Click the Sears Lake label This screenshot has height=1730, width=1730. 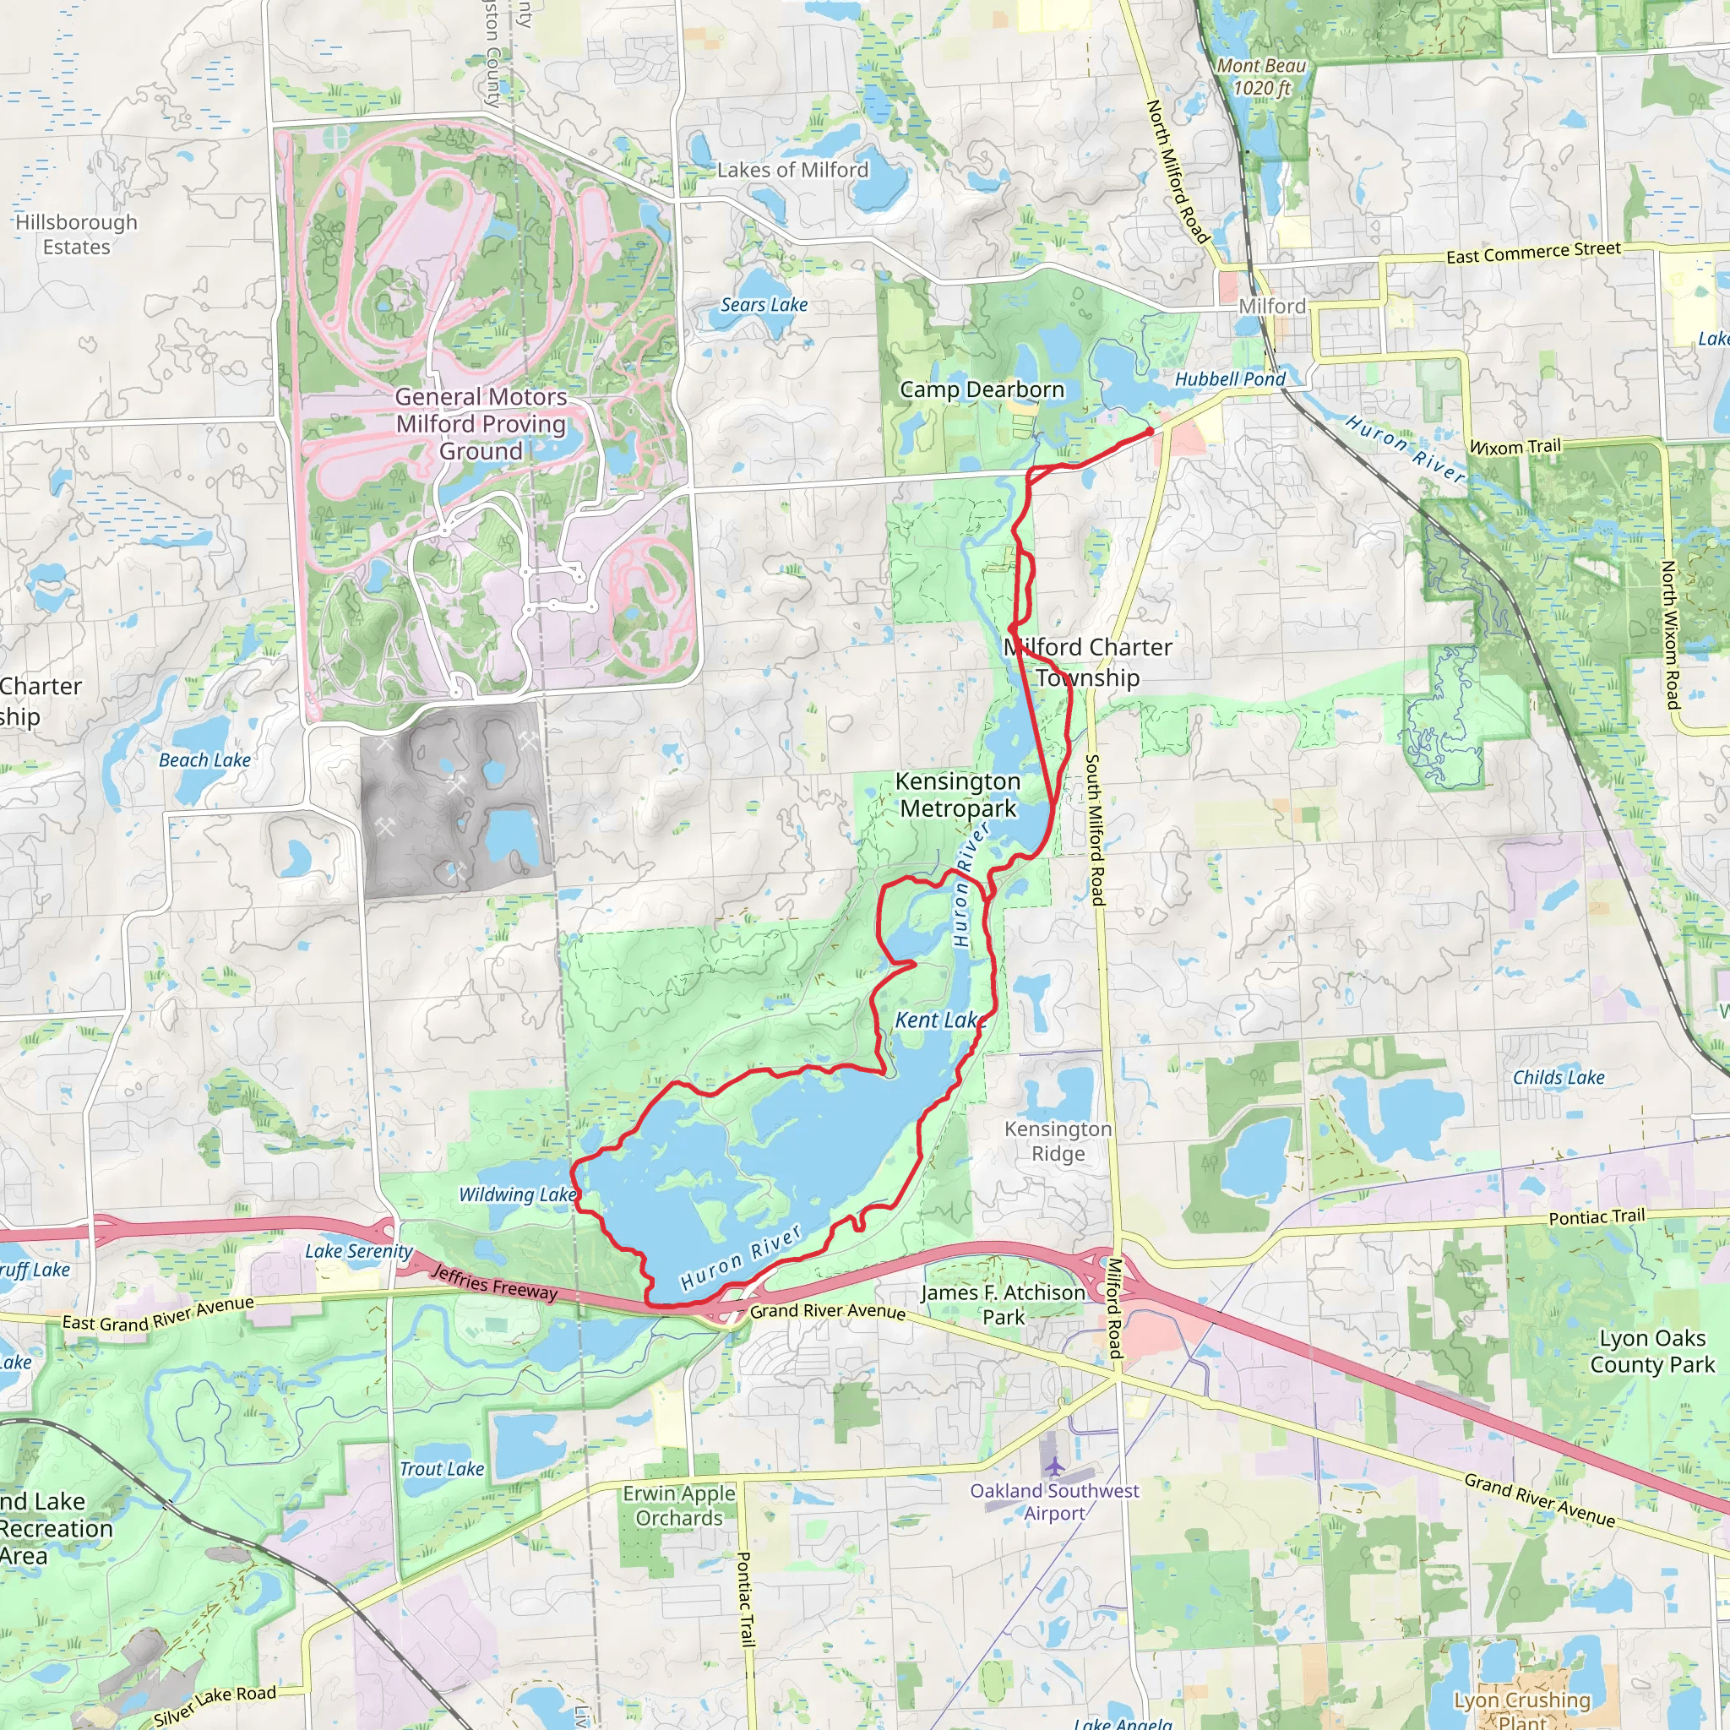764,305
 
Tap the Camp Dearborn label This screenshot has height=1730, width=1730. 982,389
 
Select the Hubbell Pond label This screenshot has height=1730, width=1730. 1229,379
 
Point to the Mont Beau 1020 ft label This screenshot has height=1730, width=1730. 1261,77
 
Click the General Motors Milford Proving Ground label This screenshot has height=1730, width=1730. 481,423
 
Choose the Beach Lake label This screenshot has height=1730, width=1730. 204,760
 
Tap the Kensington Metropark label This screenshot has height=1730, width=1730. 957,795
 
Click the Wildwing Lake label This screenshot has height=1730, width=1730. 517,1194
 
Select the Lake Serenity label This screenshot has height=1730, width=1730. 358,1251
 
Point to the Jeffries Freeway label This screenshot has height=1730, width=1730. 494,1283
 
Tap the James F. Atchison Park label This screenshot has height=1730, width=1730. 1003,1304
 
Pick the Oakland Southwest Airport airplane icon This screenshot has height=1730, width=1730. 1055,1466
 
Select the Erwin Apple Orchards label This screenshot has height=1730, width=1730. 679,1505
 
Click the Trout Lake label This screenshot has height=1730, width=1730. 442,1468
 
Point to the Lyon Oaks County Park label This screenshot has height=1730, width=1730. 1652,1352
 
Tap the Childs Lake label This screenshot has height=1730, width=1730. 1558,1077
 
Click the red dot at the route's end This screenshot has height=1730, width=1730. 1150,432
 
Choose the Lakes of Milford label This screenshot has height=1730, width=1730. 792,170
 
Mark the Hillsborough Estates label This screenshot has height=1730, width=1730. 77,235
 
